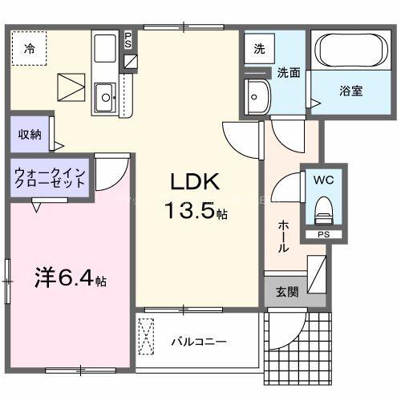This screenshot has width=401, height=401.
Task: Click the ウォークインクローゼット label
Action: (x=50, y=177)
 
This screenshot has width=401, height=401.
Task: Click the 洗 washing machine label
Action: (x=259, y=48)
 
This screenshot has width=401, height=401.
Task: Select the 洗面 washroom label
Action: (x=289, y=72)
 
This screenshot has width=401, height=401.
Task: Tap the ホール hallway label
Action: (x=283, y=237)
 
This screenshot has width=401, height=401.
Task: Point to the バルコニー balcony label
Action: (x=198, y=342)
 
